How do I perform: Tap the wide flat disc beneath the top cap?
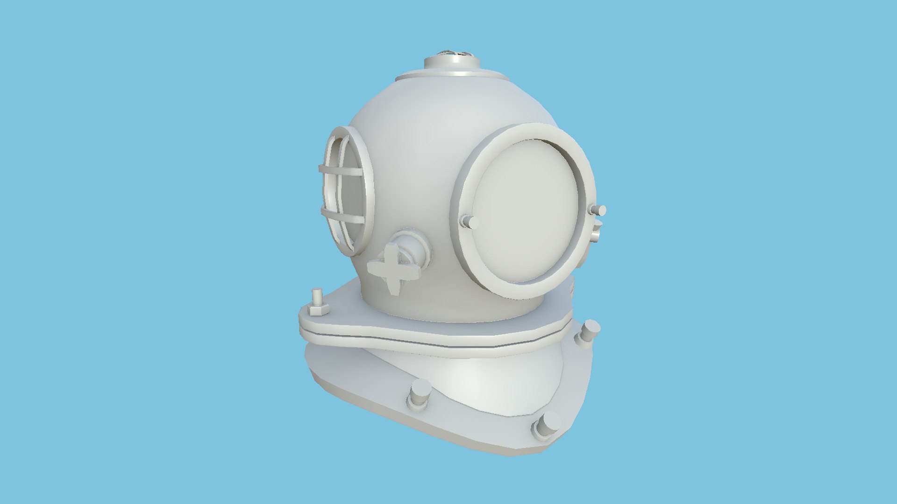[x=448, y=75]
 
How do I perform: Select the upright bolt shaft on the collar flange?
[x=317, y=296]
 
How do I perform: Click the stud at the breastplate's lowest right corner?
[x=546, y=426]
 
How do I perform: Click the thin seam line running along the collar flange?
[x=420, y=339]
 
